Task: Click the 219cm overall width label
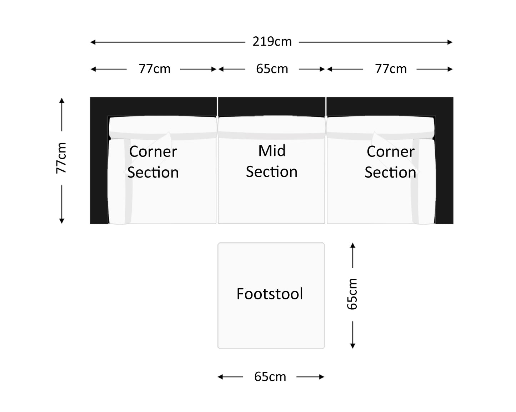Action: click(x=272, y=42)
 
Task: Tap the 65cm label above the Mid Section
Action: click(x=272, y=69)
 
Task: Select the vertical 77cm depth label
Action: click(x=61, y=158)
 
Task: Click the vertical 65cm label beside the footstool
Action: click(x=352, y=294)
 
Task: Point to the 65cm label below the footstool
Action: click(x=270, y=377)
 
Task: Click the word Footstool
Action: click(x=270, y=294)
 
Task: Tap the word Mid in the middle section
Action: click(x=272, y=151)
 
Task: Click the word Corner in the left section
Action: click(x=153, y=152)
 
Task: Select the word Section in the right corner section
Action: click(x=390, y=172)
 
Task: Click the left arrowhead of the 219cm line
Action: click(x=92, y=42)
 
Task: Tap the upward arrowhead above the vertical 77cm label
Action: click(x=62, y=100)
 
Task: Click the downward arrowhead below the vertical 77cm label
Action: click(x=62, y=221)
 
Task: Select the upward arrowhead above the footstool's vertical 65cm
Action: click(x=352, y=245)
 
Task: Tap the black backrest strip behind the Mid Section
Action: click(x=271, y=106)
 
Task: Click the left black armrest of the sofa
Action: click(x=99, y=168)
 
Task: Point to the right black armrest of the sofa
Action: click(x=444, y=168)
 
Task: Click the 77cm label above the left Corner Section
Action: click(x=155, y=69)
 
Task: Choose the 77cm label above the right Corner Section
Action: click(x=391, y=69)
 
